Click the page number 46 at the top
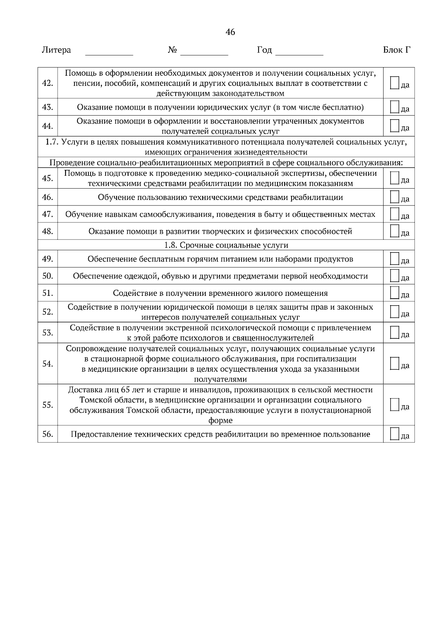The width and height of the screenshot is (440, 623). [230, 32]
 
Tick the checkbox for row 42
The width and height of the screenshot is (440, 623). [394, 83]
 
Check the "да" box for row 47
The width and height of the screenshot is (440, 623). [394, 214]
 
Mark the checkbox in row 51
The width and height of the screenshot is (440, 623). [394, 292]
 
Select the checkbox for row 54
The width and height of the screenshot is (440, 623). [394, 363]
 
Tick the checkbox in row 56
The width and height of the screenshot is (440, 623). [394, 434]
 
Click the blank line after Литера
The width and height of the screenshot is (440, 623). [109, 54]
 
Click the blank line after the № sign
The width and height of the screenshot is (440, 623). [204, 54]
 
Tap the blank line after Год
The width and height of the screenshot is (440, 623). [299, 54]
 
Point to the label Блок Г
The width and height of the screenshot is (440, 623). [396, 50]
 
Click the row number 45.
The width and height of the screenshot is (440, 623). [48, 178]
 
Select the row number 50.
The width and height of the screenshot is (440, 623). [48, 276]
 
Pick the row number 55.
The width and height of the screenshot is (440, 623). [48, 405]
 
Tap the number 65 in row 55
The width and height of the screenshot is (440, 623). [125, 390]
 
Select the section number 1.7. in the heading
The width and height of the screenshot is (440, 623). [52, 142]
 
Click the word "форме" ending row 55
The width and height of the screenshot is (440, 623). [220, 420]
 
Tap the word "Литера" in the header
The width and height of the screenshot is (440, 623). [56, 50]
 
